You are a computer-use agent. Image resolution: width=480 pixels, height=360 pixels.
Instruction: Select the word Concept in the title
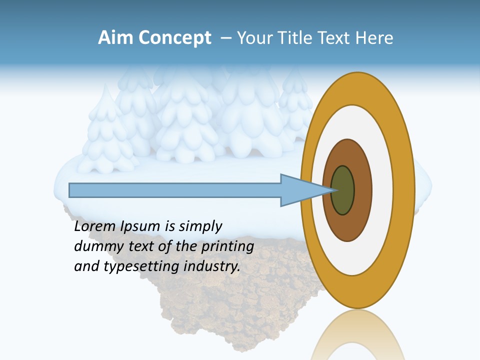pos(175,38)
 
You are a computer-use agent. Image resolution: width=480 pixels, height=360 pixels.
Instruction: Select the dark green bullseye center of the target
pos(343,190)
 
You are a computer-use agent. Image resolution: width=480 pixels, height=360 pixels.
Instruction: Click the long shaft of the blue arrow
pos(175,190)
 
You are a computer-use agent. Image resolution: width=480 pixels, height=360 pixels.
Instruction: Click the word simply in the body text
pos(200,226)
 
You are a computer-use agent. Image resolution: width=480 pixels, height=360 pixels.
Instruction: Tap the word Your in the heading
pos(253,38)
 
